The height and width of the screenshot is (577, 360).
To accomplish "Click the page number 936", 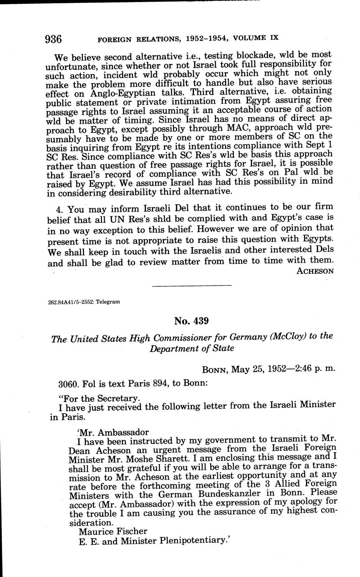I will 53,39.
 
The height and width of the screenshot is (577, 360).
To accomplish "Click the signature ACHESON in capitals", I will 315,271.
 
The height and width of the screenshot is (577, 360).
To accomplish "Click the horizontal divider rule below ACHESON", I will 191,286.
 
